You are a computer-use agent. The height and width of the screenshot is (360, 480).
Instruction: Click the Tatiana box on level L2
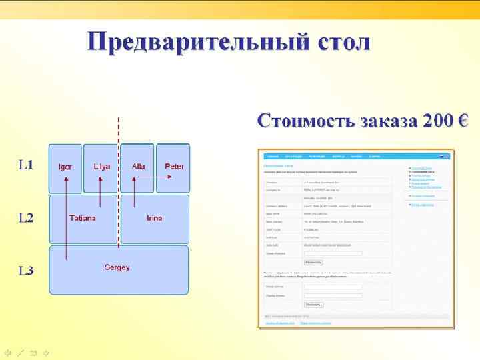coord(82,218)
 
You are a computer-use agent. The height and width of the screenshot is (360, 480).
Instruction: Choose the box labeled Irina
coord(155,218)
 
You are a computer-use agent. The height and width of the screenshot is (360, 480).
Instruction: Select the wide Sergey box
coord(117,268)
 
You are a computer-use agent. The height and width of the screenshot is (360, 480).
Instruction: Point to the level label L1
coord(26,165)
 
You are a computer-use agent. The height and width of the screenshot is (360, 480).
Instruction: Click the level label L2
coord(26,218)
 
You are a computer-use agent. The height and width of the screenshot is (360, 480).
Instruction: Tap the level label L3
coord(26,271)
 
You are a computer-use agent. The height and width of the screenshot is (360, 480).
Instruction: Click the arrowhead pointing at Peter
coord(169,177)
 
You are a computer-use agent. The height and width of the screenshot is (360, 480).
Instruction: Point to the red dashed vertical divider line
coord(119,133)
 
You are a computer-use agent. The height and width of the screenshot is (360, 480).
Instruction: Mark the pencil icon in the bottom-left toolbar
coord(20,353)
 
